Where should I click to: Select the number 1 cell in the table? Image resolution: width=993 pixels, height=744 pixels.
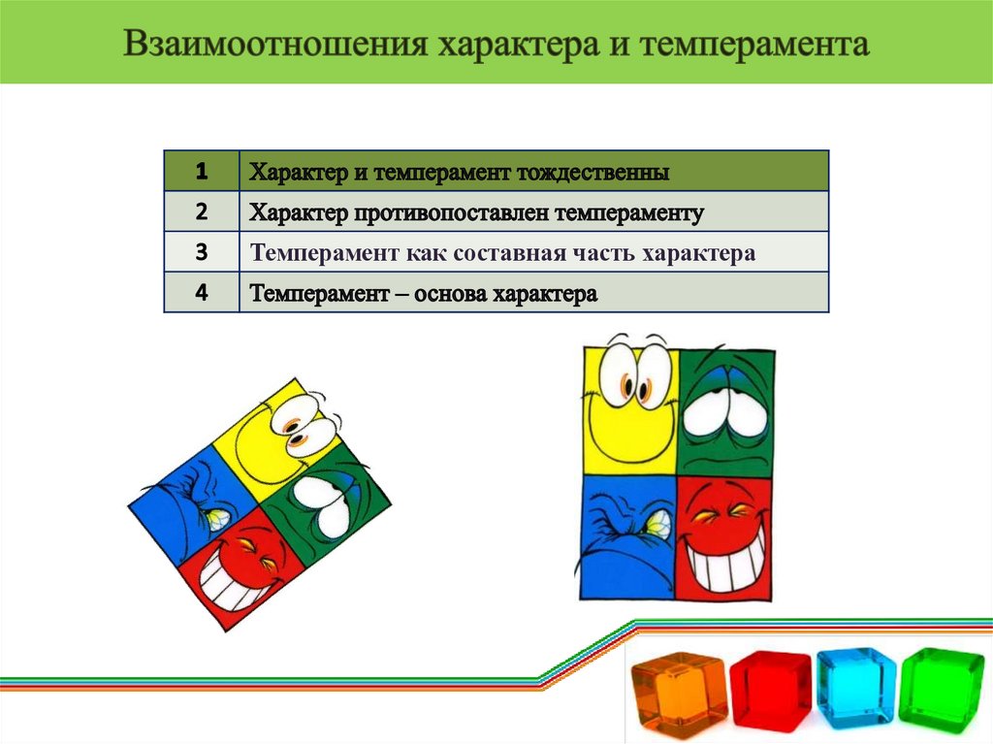(x=201, y=172)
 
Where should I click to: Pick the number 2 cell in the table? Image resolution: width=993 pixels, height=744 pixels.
(x=201, y=211)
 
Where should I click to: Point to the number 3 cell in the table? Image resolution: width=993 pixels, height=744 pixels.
(x=201, y=252)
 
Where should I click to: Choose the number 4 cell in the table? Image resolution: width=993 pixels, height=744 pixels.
(x=201, y=293)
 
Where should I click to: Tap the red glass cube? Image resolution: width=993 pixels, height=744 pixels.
(x=770, y=690)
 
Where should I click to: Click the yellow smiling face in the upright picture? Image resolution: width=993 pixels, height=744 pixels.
(x=631, y=407)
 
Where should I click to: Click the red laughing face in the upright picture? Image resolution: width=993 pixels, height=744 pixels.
(x=724, y=535)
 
